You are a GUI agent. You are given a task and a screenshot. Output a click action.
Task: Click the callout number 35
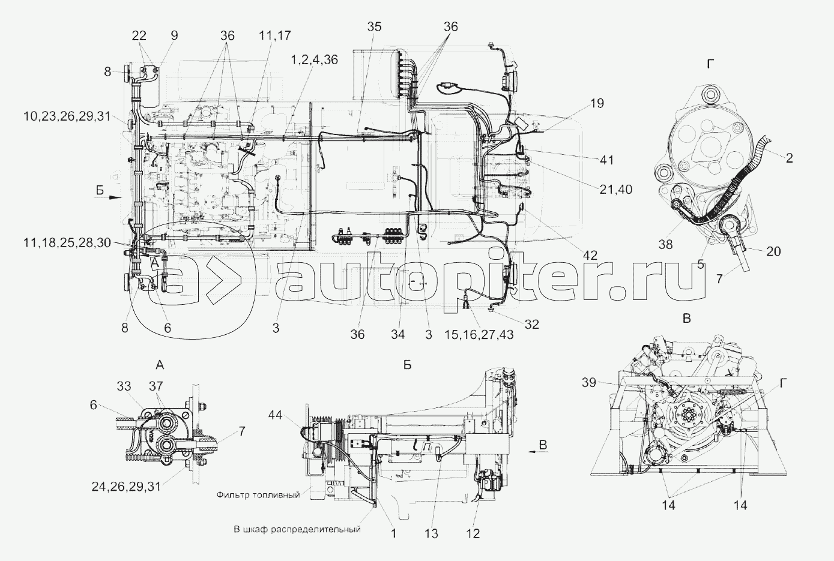[375, 27]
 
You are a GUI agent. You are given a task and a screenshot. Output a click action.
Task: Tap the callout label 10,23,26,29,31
[67, 116]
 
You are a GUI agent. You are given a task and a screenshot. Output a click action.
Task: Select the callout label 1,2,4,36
[315, 59]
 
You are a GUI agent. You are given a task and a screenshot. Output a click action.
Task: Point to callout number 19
[597, 103]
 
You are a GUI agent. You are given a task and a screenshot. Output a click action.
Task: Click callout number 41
[606, 160]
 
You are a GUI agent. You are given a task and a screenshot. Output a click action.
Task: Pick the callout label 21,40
[616, 190]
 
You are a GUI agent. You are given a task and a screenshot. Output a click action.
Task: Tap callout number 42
[590, 255]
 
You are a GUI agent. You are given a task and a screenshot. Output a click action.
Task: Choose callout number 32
[531, 325]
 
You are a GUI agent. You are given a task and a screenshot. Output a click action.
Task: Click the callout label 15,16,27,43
[479, 334]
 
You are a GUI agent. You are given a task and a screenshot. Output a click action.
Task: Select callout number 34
[397, 334]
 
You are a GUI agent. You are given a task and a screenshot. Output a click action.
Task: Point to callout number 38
[665, 244]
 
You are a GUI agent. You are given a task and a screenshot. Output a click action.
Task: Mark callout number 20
[773, 251]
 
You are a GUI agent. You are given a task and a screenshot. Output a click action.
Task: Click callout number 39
[589, 382]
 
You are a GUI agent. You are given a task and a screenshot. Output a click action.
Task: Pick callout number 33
[124, 386]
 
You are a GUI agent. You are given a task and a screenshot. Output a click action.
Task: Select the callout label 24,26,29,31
[126, 486]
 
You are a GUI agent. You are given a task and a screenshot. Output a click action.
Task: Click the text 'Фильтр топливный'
[258, 495]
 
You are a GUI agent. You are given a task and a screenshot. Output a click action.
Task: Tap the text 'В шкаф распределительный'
[297, 529]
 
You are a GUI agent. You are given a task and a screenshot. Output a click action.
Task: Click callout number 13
[431, 534]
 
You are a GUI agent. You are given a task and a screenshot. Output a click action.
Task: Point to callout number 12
[473, 534]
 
